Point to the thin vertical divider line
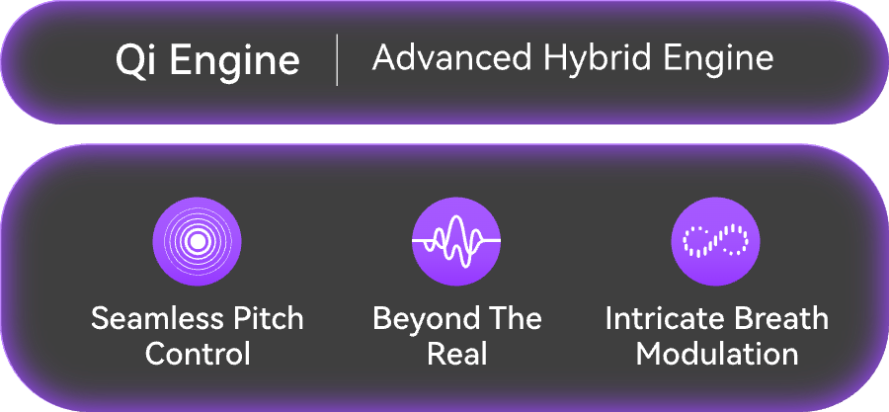point(338,60)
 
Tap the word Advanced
point(451,57)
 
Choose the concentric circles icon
point(197,241)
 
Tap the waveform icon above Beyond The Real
point(456,241)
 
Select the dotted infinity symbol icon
point(715,241)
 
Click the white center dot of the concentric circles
point(197,241)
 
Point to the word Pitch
point(272,318)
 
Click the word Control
point(198,353)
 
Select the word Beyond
point(427,320)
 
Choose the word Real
point(456,353)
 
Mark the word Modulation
point(717,353)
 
